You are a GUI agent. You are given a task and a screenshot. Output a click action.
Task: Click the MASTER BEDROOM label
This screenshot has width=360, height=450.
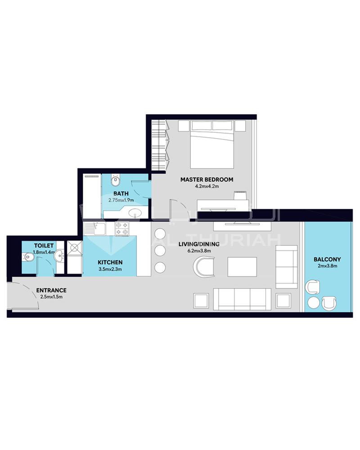(207, 180)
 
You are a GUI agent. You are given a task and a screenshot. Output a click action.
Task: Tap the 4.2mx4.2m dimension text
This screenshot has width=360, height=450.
(207, 186)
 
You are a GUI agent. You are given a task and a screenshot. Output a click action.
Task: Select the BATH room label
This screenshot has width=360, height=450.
(121, 193)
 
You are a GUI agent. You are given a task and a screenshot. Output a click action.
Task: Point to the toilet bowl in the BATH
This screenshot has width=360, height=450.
(116, 181)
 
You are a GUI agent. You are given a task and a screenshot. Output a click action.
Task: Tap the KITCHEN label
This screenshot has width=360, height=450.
(110, 262)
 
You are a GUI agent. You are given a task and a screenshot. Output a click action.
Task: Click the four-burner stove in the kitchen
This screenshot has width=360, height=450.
(122, 229)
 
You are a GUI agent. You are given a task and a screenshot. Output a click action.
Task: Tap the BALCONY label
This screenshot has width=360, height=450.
(327, 260)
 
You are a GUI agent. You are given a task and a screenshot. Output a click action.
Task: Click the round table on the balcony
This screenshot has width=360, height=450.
(313, 302)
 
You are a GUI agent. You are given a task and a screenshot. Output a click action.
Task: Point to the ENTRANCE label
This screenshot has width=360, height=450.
(51, 290)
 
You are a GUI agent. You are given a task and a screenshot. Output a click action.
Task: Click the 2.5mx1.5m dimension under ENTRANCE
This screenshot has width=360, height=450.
(51, 297)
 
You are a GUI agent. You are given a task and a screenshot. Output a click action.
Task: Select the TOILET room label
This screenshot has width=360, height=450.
(44, 246)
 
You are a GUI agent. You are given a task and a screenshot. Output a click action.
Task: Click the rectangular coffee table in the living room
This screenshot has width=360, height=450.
(242, 267)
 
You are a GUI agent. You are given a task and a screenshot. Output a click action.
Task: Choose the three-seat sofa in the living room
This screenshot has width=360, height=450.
(242, 299)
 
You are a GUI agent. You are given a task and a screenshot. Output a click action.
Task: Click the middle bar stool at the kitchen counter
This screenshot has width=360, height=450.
(160, 251)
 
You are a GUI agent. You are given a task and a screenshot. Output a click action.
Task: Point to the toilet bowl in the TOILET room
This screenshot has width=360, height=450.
(28, 256)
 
